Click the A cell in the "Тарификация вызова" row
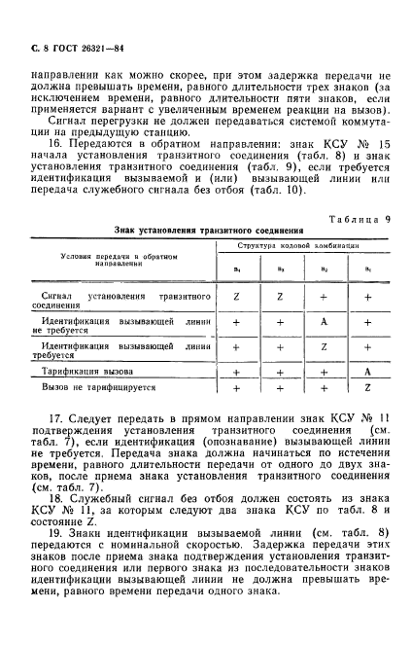click(367, 372)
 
